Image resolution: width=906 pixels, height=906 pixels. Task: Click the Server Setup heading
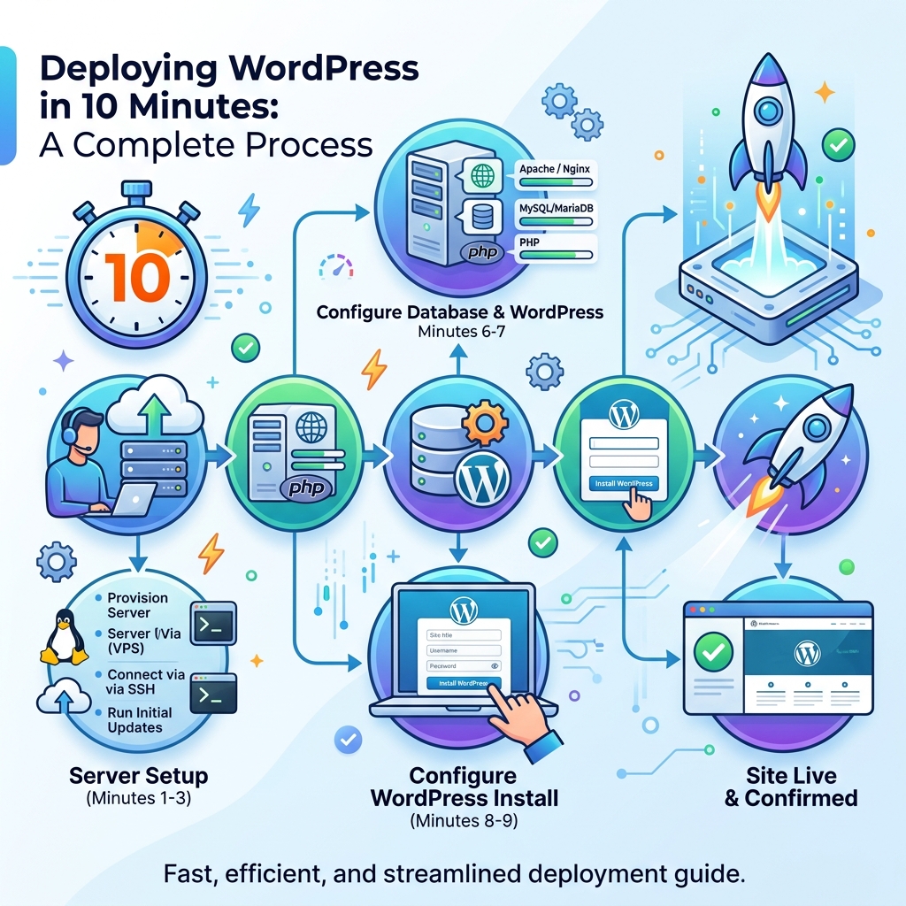pyautogui.click(x=139, y=776)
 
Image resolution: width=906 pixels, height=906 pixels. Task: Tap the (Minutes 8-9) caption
pyautogui.click(x=464, y=820)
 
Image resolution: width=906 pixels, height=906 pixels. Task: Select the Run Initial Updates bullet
pyautogui.click(x=140, y=719)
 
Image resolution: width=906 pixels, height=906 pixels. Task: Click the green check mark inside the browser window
pyautogui.click(x=714, y=654)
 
